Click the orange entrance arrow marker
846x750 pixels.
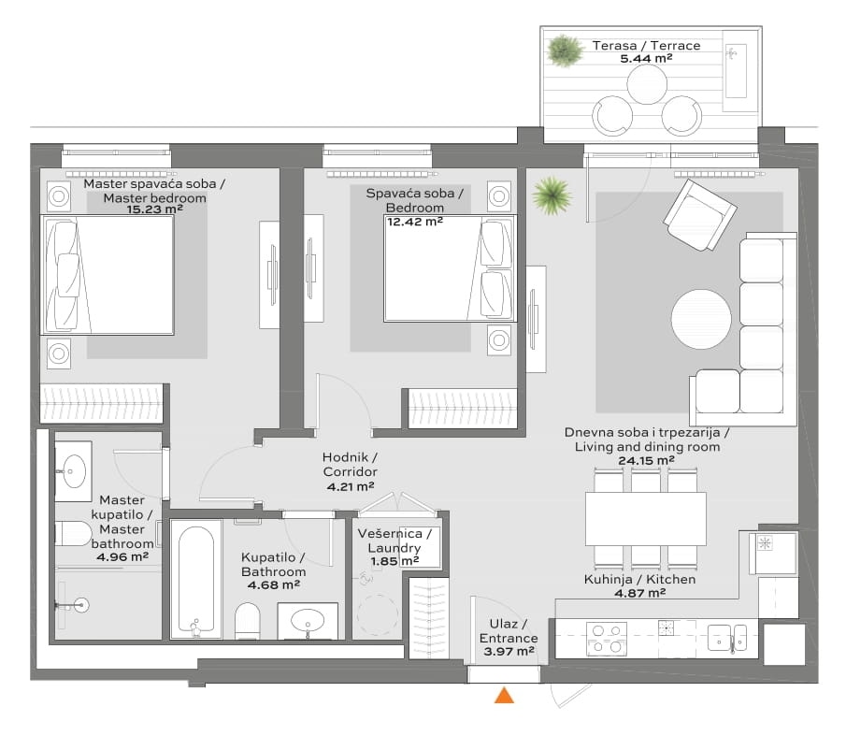pos(505,696)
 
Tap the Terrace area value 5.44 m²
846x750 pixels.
pos(646,59)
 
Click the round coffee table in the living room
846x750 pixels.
pos(701,320)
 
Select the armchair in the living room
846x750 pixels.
pos(700,215)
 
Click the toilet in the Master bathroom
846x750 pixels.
pos(74,534)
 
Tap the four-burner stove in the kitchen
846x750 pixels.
pos(607,639)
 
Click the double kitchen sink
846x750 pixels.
pos(727,638)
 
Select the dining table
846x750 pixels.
pos(646,518)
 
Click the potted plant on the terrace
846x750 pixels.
pos(565,50)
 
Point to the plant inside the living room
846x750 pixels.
pos(552,195)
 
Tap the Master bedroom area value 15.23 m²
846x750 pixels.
pos(155,209)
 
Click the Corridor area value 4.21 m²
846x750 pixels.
pos(351,486)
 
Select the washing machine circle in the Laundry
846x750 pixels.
pos(379,614)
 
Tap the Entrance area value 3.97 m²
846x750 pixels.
pos(509,652)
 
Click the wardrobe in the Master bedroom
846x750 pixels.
pos(102,403)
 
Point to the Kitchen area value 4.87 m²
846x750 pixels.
pos(640,593)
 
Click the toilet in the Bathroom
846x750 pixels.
pos(248,621)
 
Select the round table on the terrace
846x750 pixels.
pos(647,84)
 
